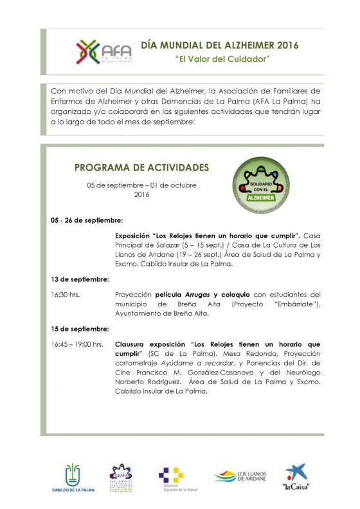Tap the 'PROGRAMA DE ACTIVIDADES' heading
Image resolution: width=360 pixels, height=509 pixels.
coord(142,167)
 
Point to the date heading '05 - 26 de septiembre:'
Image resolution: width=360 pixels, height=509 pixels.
coord(86,220)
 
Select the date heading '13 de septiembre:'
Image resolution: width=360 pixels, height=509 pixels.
coord(80,279)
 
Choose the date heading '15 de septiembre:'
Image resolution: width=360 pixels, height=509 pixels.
coord(80,328)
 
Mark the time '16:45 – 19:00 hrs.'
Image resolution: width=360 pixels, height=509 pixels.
coord(77,344)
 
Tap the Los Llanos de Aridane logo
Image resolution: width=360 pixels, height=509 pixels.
coord(239,477)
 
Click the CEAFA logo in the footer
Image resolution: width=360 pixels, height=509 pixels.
coord(121,477)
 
